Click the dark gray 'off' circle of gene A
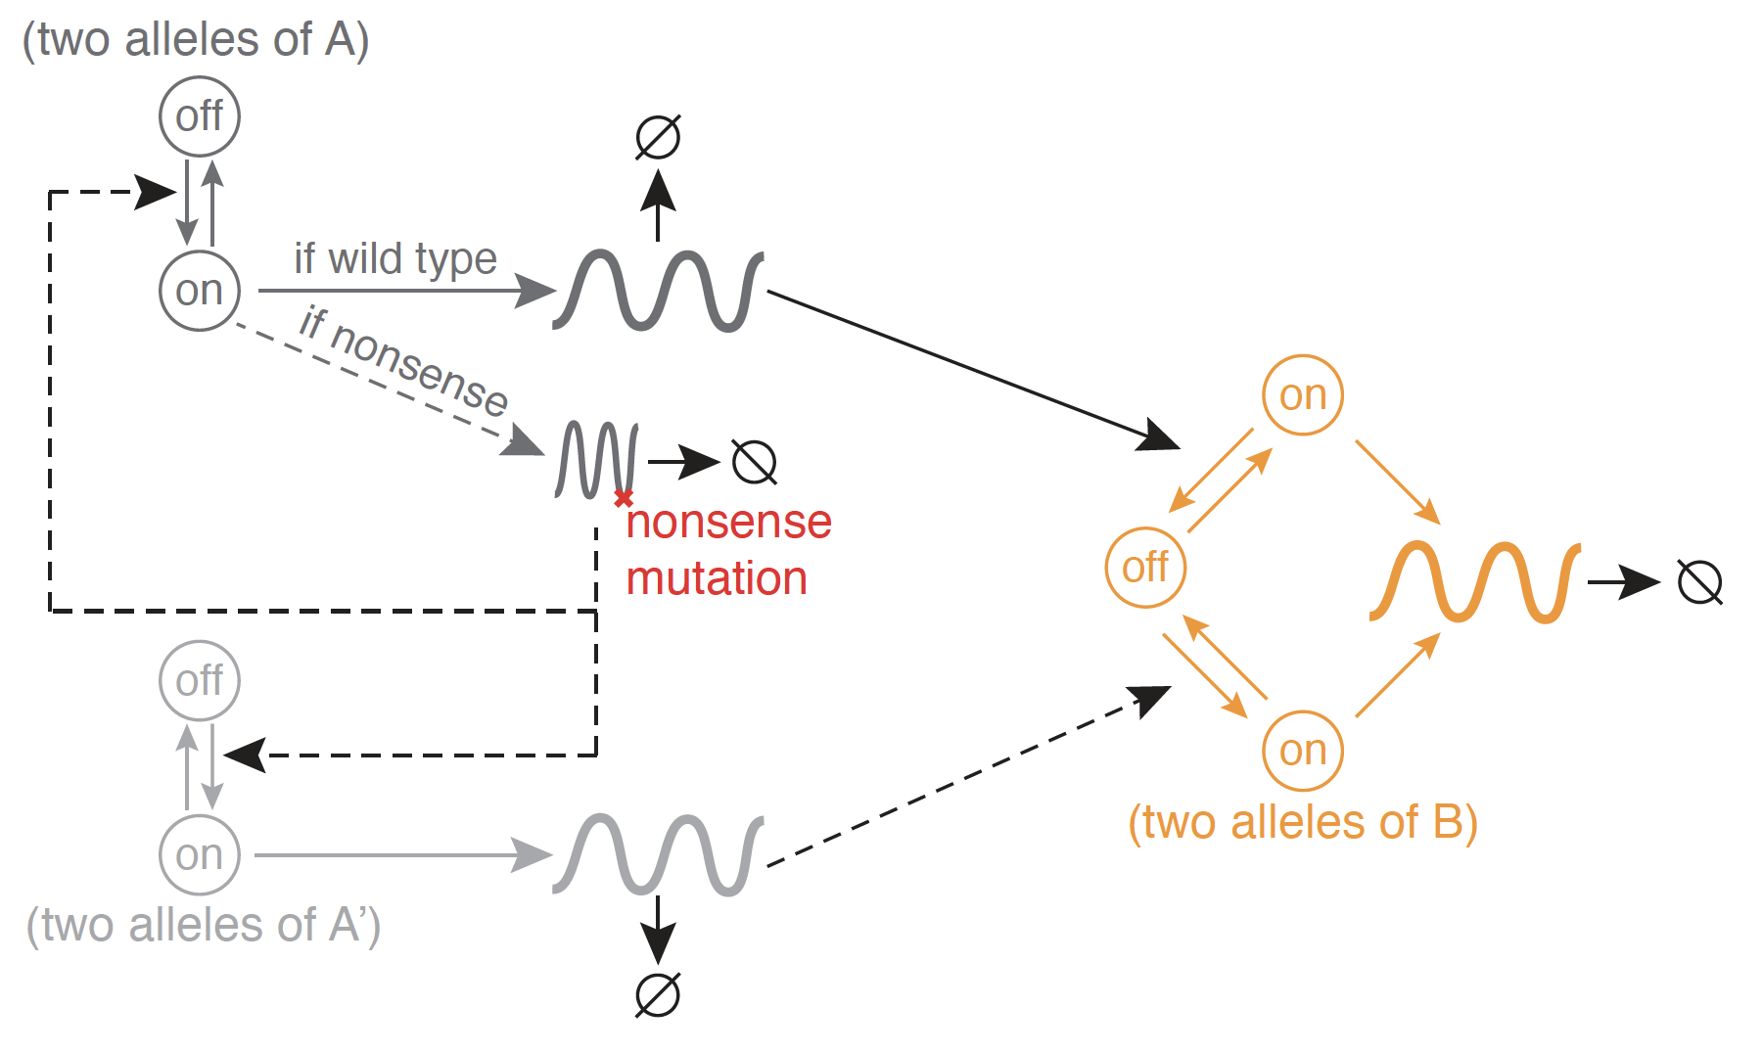[x=200, y=116]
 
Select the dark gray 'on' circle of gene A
[x=200, y=291]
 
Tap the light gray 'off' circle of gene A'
[x=200, y=680]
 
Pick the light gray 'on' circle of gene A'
[x=200, y=855]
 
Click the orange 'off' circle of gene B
[x=1145, y=568]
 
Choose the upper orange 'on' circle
[x=1303, y=395]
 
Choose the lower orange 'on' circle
[x=1303, y=751]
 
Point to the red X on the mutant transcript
[x=624, y=499]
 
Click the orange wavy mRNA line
[x=1474, y=581]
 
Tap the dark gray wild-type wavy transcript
[x=658, y=291]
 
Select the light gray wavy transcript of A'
[x=658, y=854]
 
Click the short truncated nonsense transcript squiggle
[x=597, y=460]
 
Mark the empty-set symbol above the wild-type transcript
[x=658, y=137]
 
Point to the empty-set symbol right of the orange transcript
[x=1700, y=582]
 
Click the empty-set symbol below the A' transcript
[x=658, y=995]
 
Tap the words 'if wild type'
[x=395, y=259]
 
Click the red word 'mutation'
[x=717, y=578]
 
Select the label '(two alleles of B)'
[x=1303, y=822]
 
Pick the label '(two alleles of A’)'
[x=204, y=925]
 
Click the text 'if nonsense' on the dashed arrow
[x=403, y=360]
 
